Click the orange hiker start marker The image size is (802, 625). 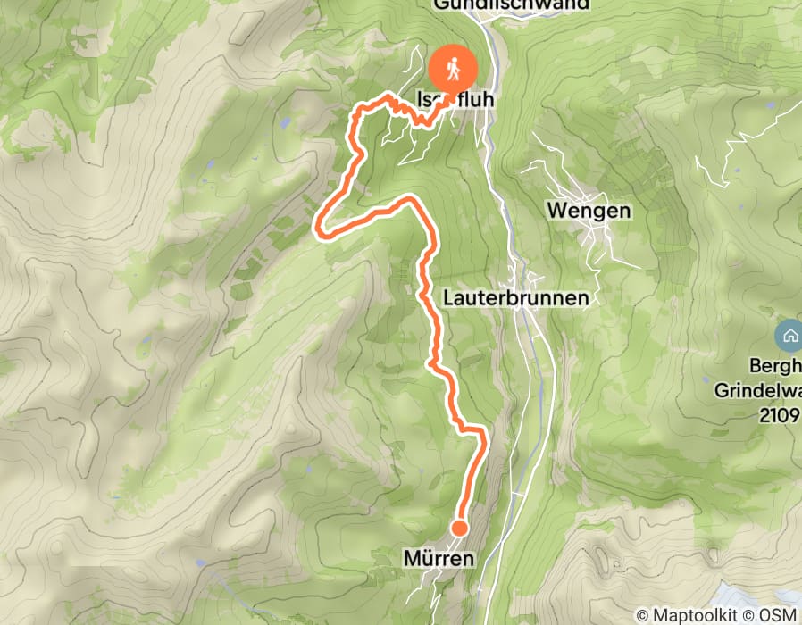[x=454, y=68]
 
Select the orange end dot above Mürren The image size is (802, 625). [x=459, y=528]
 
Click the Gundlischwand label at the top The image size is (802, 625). [x=512, y=4]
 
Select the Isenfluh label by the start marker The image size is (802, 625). [x=454, y=101]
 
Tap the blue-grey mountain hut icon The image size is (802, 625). [x=789, y=337]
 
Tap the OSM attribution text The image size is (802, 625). [x=779, y=615]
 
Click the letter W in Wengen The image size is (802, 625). [x=555, y=212]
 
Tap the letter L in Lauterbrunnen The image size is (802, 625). [x=447, y=298]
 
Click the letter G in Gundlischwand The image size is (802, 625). [x=440, y=4]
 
